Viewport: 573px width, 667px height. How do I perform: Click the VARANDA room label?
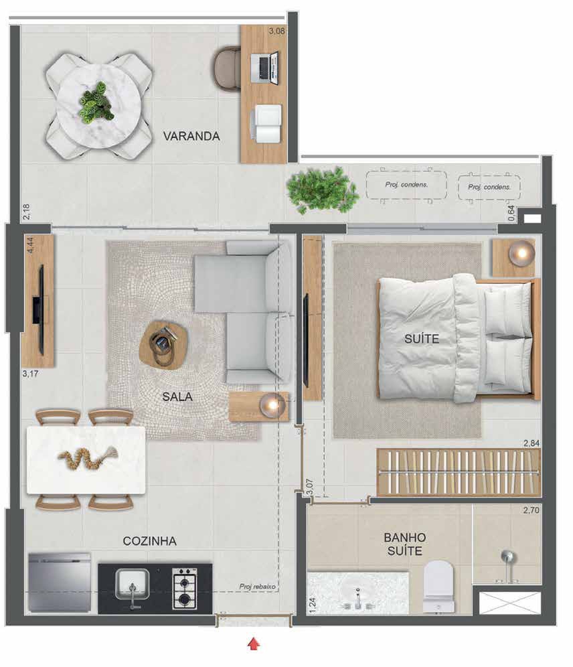point(191,136)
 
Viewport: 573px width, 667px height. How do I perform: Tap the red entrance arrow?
point(254,644)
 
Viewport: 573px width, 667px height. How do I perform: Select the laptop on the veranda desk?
point(264,67)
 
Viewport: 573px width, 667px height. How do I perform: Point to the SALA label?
point(177,397)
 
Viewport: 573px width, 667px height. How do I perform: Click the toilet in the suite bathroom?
point(439,587)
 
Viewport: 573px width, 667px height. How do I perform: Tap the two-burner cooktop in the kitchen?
point(184,588)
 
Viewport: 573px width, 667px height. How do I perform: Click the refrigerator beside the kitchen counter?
point(59,582)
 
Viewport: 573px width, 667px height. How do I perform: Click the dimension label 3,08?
point(277,31)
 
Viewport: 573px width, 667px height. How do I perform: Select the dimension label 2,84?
point(531,443)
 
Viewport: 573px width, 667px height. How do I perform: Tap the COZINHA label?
point(149,541)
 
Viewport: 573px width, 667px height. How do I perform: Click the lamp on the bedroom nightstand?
point(521,253)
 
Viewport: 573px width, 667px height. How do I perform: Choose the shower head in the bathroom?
point(508,558)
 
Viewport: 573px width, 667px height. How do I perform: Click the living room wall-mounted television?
point(40,309)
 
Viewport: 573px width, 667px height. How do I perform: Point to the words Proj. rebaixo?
point(257,587)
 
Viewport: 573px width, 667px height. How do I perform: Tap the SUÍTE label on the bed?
point(422,339)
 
